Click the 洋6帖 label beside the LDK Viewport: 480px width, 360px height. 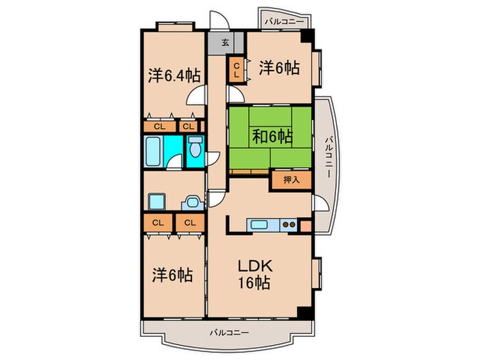pyautogui.click(x=171, y=276)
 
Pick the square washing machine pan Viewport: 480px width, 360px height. pyautogui.click(x=156, y=202)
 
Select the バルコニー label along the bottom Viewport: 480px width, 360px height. pyautogui.click(x=230, y=333)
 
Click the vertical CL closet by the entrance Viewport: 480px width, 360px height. pyautogui.click(x=236, y=70)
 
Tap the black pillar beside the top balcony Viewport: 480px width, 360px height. pyautogui.click(x=309, y=36)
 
